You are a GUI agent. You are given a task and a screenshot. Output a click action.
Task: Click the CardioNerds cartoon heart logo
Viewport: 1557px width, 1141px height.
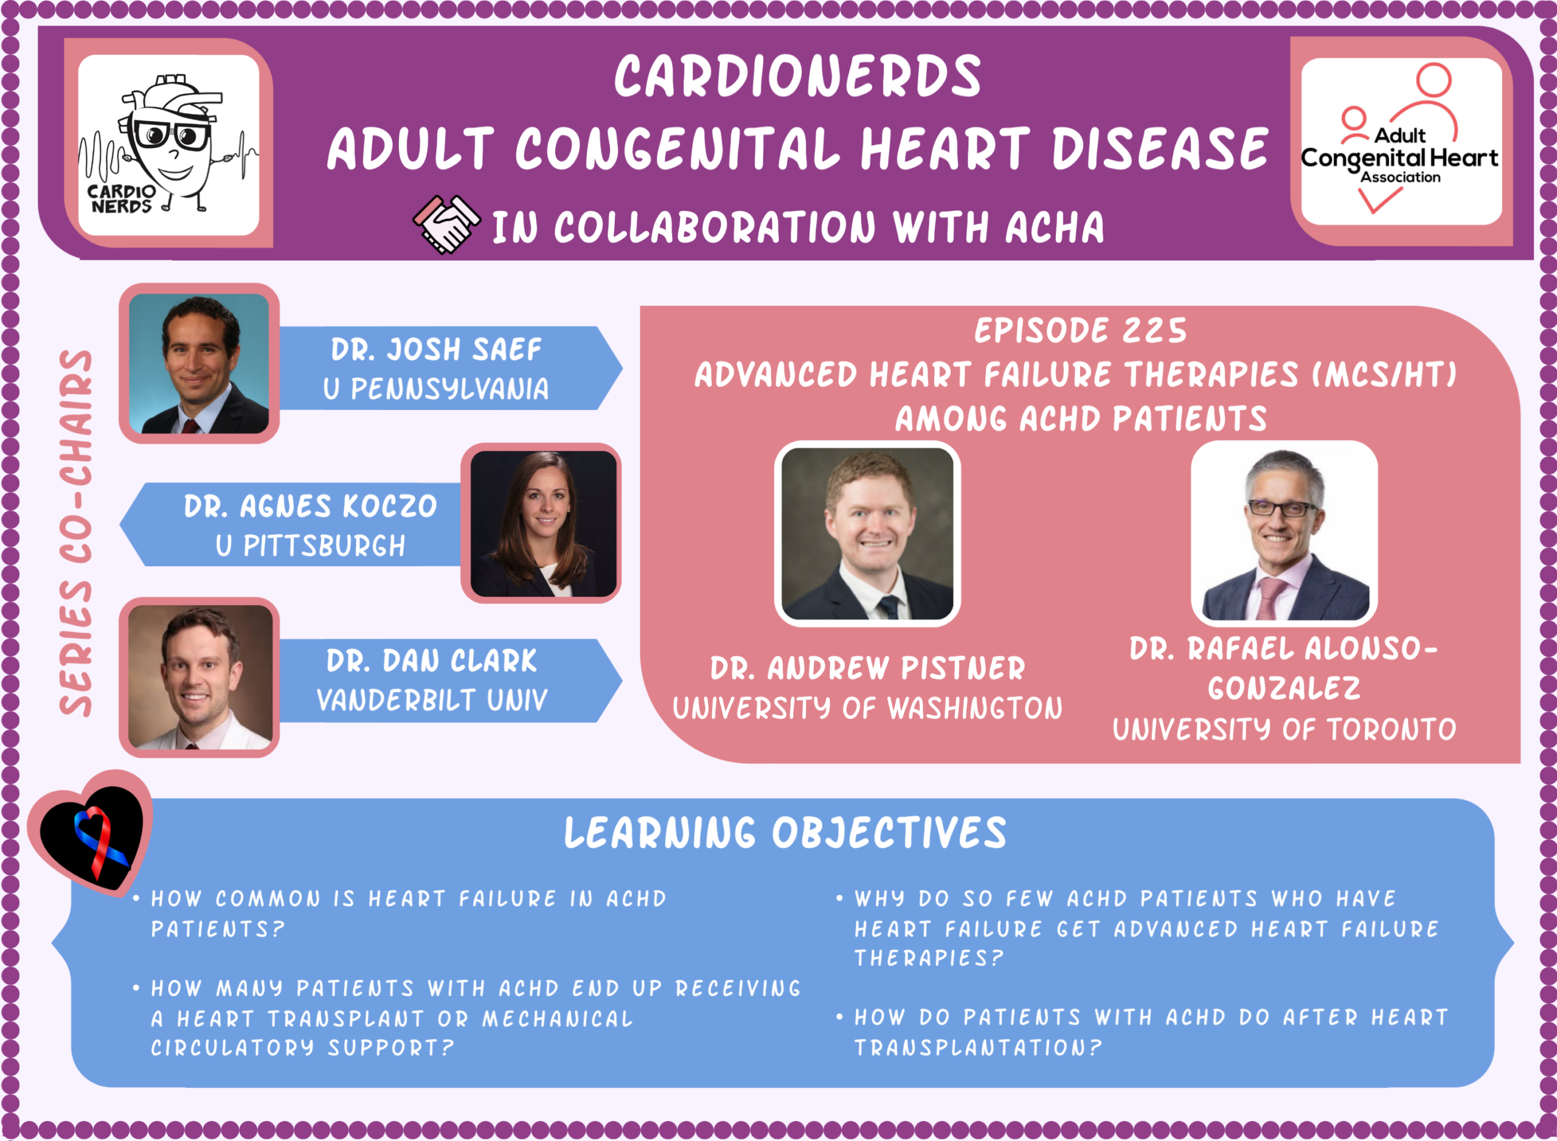click(x=168, y=144)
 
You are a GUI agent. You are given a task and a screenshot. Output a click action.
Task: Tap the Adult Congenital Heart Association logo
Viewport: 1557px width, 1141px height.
click(x=1400, y=142)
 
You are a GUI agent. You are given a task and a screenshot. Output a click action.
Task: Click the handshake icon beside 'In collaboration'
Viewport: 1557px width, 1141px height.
click(x=446, y=224)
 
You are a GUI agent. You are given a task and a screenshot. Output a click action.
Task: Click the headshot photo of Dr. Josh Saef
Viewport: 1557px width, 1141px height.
click(x=199, y=363)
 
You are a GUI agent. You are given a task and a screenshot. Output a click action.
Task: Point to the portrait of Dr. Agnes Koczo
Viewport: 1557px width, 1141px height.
click(x=543, y=524)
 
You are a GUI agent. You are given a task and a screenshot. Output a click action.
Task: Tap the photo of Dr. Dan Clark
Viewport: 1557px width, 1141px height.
click(x=200, y=677)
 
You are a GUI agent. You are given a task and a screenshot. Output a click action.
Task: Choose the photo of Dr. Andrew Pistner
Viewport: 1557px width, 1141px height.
click(x=867, y=533)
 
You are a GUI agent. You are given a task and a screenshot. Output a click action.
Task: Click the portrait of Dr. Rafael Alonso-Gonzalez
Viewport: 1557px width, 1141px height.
click(x=1285, y=533)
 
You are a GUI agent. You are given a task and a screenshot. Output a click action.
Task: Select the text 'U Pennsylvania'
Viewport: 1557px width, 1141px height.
click(x=436, y=389)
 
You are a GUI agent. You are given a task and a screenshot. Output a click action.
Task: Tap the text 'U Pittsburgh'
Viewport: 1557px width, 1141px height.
click(x=311, y=546)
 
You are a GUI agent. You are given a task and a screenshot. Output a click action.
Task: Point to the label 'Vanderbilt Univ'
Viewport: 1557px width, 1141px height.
click(x=432, y=700)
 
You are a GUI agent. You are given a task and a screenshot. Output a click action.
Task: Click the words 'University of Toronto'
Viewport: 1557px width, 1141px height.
click(x=1285, y=729)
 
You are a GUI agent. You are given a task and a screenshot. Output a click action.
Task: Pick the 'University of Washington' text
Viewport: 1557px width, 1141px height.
click(x=868, y=708)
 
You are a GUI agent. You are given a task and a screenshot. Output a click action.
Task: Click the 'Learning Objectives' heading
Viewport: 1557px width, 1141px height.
click(x=786, y=833)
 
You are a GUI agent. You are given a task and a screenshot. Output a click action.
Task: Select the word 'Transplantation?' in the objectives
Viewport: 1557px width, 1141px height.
click(x=978, y=1048)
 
